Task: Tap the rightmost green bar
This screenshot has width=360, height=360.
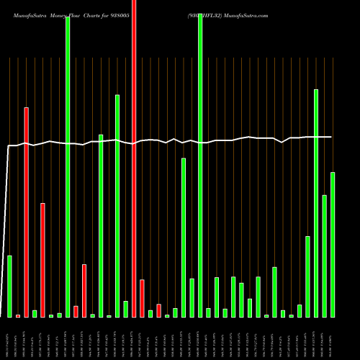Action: (x=333, y=244)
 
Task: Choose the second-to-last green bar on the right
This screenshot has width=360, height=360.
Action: (x=325, y=256)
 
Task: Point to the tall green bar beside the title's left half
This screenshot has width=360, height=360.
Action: (x=68, y=166)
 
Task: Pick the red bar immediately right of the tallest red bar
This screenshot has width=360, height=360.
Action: (x=142, y=298)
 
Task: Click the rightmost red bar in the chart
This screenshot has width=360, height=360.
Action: (x=158, y=310)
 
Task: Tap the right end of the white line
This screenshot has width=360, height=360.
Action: (x=331, y=137)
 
